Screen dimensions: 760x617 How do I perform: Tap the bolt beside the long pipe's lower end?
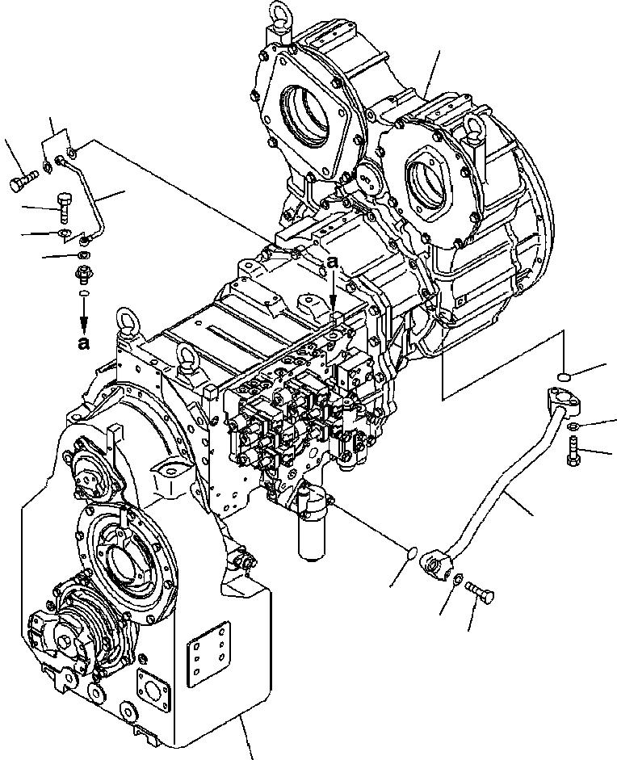click(x=480, y=594)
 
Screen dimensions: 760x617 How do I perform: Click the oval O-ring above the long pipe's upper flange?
click(x=565, y=374)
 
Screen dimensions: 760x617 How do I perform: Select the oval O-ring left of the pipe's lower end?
click(x=413, y=552)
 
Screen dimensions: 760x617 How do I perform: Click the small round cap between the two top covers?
click(x=369, y=178)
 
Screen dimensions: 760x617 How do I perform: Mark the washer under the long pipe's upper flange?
click(x=571, y=426)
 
